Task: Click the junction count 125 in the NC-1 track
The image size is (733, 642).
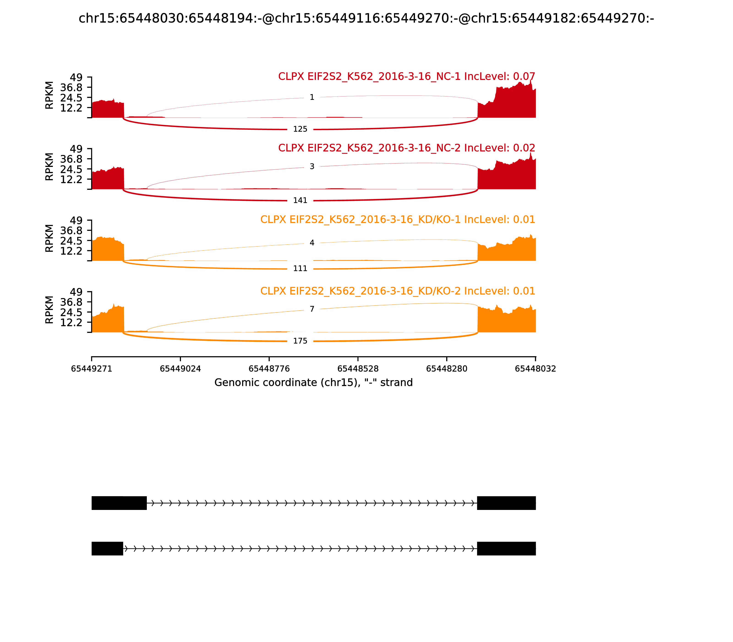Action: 300,129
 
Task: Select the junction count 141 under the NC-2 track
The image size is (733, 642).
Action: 300,201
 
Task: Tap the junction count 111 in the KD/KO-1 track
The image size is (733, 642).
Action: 300,269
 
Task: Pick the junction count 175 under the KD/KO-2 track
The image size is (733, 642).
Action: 300,341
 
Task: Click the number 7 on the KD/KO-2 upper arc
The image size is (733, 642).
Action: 312,309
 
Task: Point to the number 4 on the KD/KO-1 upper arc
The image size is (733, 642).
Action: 312,243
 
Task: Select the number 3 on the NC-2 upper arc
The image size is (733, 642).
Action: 312,167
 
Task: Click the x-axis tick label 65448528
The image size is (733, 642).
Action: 358,369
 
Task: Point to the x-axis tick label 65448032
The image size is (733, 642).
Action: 535,369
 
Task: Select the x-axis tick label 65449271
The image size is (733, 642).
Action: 92,369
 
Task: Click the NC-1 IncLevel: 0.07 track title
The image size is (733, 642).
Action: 406,77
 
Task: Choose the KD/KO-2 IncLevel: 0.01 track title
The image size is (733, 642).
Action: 397,291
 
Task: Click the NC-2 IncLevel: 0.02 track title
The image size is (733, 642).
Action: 406,148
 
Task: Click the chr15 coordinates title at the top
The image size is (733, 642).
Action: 366,19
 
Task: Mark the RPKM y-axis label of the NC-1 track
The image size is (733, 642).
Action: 49,95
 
